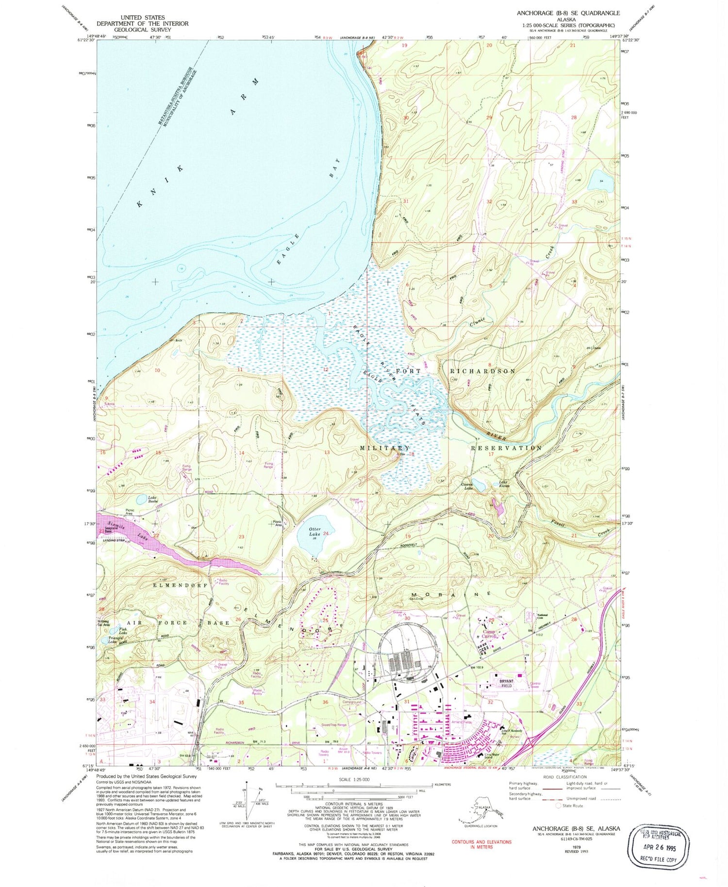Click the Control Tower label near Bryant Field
point(535,685)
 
